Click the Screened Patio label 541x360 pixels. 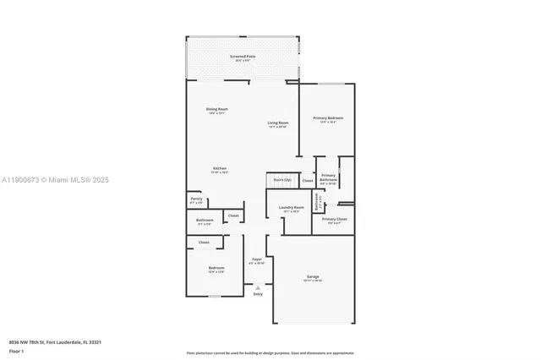click(243, 57)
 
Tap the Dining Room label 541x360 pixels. click(217, 109)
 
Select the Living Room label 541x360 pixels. click(279, 123)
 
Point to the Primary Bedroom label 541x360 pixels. click(328, 117)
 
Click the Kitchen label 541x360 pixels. click(219, 168)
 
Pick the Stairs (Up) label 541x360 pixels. click(282, 180)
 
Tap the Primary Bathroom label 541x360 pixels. click(329, 177)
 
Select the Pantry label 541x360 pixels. click(196, 199)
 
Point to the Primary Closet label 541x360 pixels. click(335, 219)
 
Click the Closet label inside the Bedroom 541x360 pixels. click(204, 243)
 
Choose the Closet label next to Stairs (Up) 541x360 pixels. click(308, 180)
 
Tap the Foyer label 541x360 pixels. click(256, 260)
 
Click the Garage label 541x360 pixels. click(312, 276)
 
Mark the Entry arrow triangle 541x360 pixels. click(258, 286)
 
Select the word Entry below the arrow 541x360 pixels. click(258, 294)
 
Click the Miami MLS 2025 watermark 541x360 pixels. click(55, 179)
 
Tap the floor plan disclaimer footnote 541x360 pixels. click(270, 352)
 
